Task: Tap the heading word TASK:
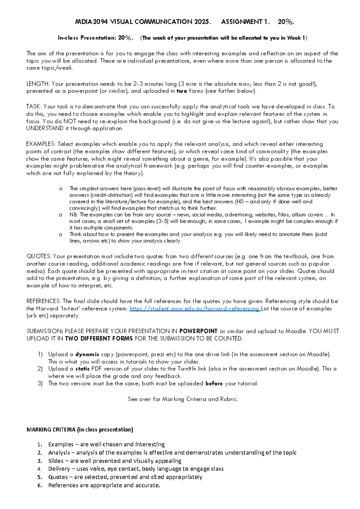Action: pyautogui.click(x=34, y=107)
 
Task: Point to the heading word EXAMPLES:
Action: pyautogui.click(x=41, y=144)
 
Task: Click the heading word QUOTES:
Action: pyautogui.click(x=39, y=256)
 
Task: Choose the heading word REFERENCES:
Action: pyautogui.click(x=43, y=301)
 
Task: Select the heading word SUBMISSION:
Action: pyautogui.click(x=45, y=331)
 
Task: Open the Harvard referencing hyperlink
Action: pyautogui.click(x=195, y=309)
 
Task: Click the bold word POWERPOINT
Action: pyautogui.click(x=198, y=331)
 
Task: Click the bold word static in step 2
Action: pyautogui.click(x=82, y=369)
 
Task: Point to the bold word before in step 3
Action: pyautogui.click(x=214, y=384)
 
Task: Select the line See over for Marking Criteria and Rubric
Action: pyautogui.click(x=183, y=399)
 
